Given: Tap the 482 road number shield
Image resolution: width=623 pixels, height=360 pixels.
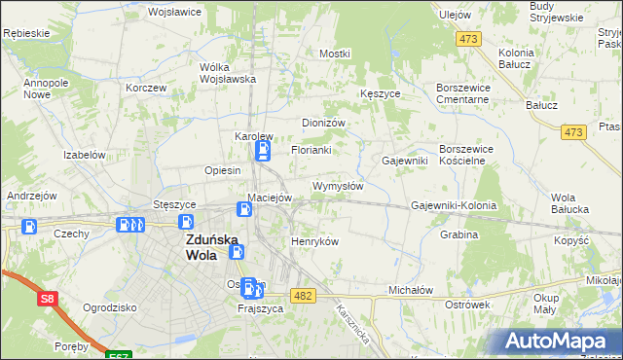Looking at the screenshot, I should [x=304, y=295].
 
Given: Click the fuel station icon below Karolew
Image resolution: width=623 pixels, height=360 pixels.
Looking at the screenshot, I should [x=262, y=151].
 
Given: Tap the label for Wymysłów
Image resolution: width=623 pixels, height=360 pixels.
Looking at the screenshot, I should [x=338, y=186].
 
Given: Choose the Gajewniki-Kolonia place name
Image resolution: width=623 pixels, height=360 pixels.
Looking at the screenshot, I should [x=454, y=206].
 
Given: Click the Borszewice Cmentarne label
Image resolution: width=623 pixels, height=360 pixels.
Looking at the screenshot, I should [x=467, y=93].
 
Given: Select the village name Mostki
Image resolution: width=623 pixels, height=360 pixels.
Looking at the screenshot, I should [x=334, y=54].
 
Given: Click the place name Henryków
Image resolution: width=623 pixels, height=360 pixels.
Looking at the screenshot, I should [x=314, y=241].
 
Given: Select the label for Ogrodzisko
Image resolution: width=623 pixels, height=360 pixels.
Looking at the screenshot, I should [x=109, y=306].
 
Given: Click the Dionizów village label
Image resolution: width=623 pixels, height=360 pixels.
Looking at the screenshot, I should [x=324, y=124].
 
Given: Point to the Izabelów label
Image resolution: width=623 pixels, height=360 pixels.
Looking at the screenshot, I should [x=84, y=155].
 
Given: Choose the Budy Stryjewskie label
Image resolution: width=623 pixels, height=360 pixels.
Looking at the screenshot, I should [x=556, y=12].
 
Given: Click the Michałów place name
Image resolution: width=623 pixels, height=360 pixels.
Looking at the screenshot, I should [x=410, y=290].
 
